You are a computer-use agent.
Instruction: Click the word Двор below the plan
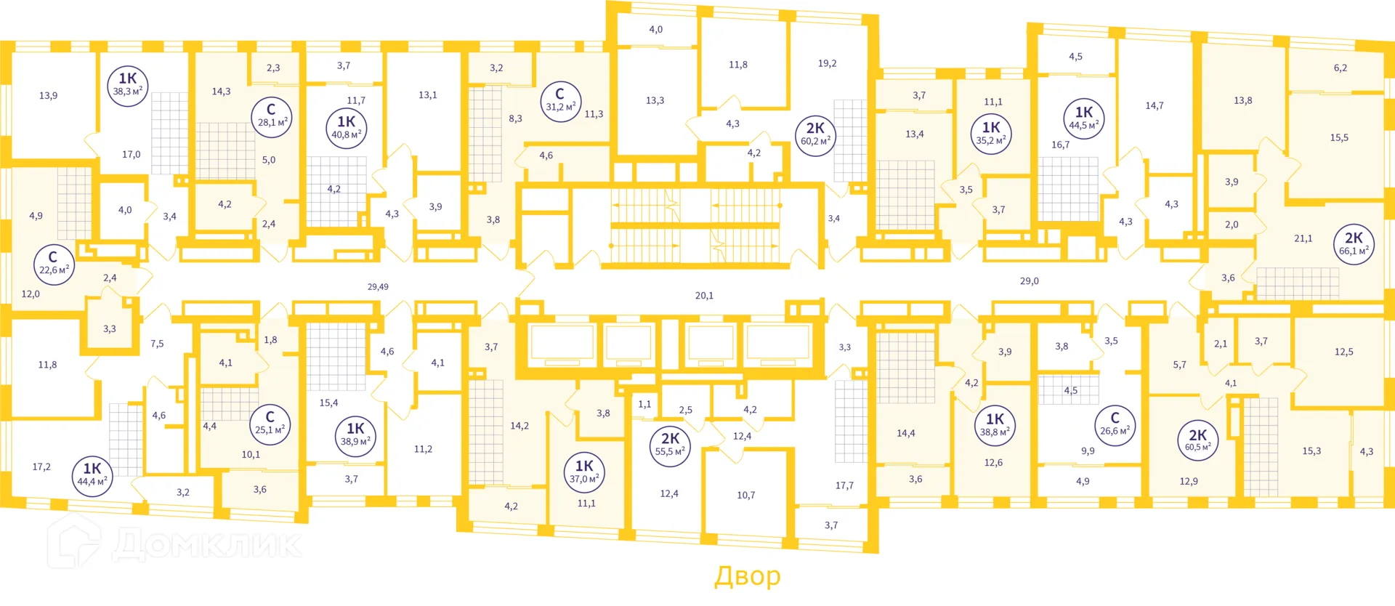748,576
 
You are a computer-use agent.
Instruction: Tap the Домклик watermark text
207,544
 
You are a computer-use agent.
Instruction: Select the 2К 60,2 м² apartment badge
815,136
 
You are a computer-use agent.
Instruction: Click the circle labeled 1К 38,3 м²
128,86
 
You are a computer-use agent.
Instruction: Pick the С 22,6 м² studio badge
54,264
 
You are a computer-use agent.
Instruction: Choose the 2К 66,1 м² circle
1354,244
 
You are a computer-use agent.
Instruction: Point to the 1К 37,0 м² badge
584,472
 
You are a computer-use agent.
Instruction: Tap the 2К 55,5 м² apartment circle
670,445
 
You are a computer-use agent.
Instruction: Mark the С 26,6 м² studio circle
1115,424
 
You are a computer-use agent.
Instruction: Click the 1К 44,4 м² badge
92,475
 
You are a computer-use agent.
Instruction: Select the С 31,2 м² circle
560,100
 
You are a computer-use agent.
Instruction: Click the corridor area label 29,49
378,287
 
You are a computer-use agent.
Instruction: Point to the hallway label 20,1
704,296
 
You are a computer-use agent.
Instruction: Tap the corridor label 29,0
1030,280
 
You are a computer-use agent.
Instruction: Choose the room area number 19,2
827,63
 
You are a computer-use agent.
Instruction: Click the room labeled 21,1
1303,238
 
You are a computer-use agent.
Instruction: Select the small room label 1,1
644,404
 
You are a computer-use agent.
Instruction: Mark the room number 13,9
48,95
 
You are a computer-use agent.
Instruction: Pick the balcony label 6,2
1341,68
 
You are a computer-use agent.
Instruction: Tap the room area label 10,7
746,495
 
